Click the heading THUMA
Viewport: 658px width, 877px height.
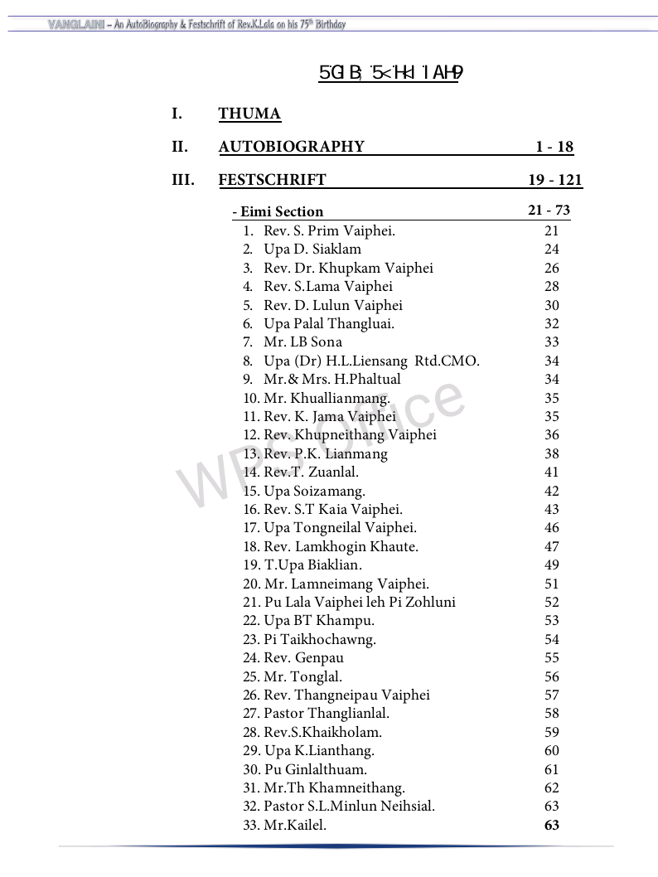pyautogui.click(x=249, y=114)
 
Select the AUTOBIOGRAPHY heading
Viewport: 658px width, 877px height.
pyautogui.click(x=291, y=147)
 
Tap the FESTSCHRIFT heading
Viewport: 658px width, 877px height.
pyautogui.click(x=272, y=180)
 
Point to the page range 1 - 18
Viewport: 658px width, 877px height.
pyautogui.click(x=554, y=147)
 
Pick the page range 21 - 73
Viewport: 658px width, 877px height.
pyautogui.click(x=549, y=211)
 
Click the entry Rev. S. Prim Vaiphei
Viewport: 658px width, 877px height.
pyautogui.click(x=329, y=231)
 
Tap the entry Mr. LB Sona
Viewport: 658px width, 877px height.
pyautogui.click(x=302, y=342)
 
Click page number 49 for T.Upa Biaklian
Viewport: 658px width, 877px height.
pyautogui.click(x=552, y=565)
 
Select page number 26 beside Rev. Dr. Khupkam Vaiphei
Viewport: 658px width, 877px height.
pyautogui.click(x=552, y=268)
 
